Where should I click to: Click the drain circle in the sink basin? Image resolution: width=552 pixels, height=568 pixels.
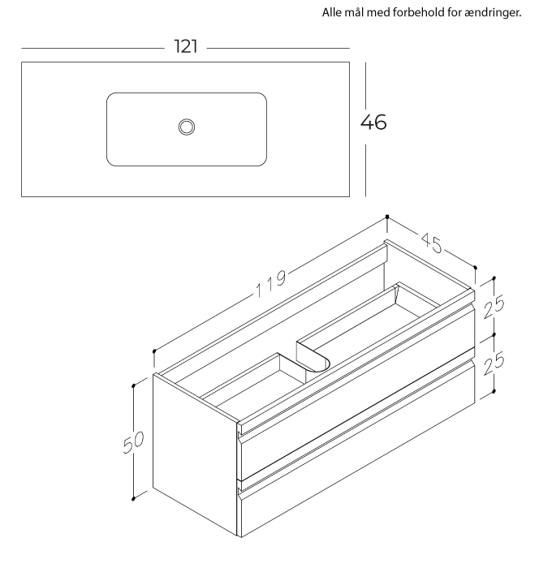pyautogui.click(x=187, y=127)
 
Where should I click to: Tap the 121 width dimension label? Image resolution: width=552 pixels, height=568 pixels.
pyautogui.click(x=186, y=47)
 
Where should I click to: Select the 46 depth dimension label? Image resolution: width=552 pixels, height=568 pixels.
pyautogui.click(x=373, y=122)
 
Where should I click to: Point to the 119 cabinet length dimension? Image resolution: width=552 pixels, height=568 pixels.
pyautogui.click(x=271, y=284)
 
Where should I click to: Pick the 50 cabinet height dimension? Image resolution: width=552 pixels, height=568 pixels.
pyautogui.click(x=133, y=442)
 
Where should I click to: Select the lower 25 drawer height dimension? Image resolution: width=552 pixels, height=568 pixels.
pyautogui.click(x=494, y=364)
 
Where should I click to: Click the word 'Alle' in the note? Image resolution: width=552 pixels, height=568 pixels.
pyautogui.click(x=332, y=12)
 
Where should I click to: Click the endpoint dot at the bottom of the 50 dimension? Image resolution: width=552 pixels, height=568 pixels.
pyautogui.click(x=133, y=499)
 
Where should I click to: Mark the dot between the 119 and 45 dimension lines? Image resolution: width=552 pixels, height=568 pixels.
pyautogui.click(x=387, y=217)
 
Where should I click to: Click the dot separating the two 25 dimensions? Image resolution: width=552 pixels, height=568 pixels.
pyautogui.click(x=494, y=335)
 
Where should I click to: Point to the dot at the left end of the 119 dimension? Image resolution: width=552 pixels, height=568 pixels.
pyautogui.click(x=154, y=351)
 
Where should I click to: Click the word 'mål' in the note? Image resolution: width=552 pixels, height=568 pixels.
pyautogui.click(x=354, y=12)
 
